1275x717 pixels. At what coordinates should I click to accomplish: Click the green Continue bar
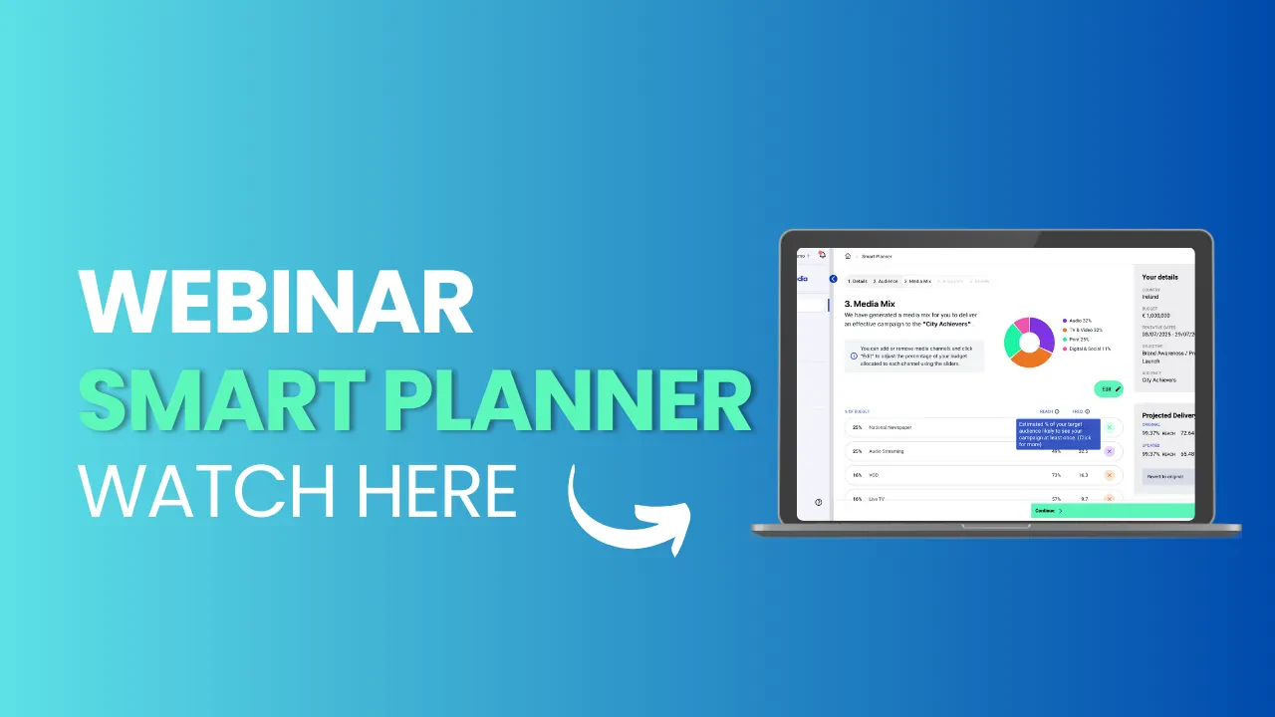point(1112,510)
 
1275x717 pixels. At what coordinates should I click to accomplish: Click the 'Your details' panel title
point(1159,277)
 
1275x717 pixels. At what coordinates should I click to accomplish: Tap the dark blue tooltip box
point(1057,434)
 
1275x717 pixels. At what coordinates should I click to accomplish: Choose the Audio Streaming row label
point(887,451)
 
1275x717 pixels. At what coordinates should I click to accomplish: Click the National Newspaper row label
point(890,427)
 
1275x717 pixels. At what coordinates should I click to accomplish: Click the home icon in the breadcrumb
point(848,256)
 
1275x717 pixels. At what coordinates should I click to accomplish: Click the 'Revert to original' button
point(1165,476)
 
